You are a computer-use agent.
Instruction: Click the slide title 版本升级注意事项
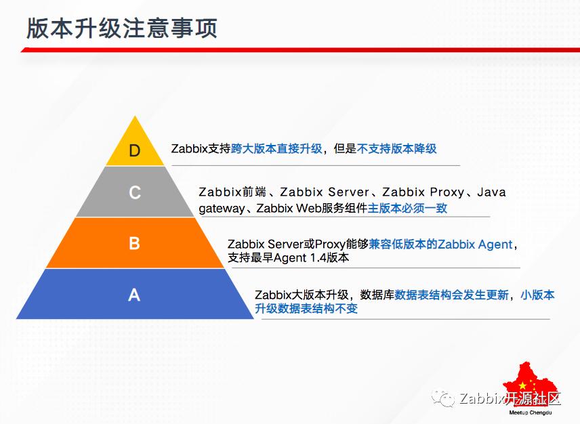click(122, 29)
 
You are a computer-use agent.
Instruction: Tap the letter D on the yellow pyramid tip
click(135, 150)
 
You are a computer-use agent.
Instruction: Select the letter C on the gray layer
click(135, 193)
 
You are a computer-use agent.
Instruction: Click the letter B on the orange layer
click(134, 243)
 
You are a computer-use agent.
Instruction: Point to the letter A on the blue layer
click(134, 295)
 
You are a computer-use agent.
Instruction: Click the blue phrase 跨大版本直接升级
click(276, 148)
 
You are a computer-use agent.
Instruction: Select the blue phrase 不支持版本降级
click(396, 148)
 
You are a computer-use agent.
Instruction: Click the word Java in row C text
click(491, 192)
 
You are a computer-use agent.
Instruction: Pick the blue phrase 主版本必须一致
click(407, 208)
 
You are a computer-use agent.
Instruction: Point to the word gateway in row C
click(221, 209)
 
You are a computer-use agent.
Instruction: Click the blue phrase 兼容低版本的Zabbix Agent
click(440, 244)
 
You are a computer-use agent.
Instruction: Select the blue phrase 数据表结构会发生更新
click(451, 295)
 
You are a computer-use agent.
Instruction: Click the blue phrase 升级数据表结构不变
click(306, 309)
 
